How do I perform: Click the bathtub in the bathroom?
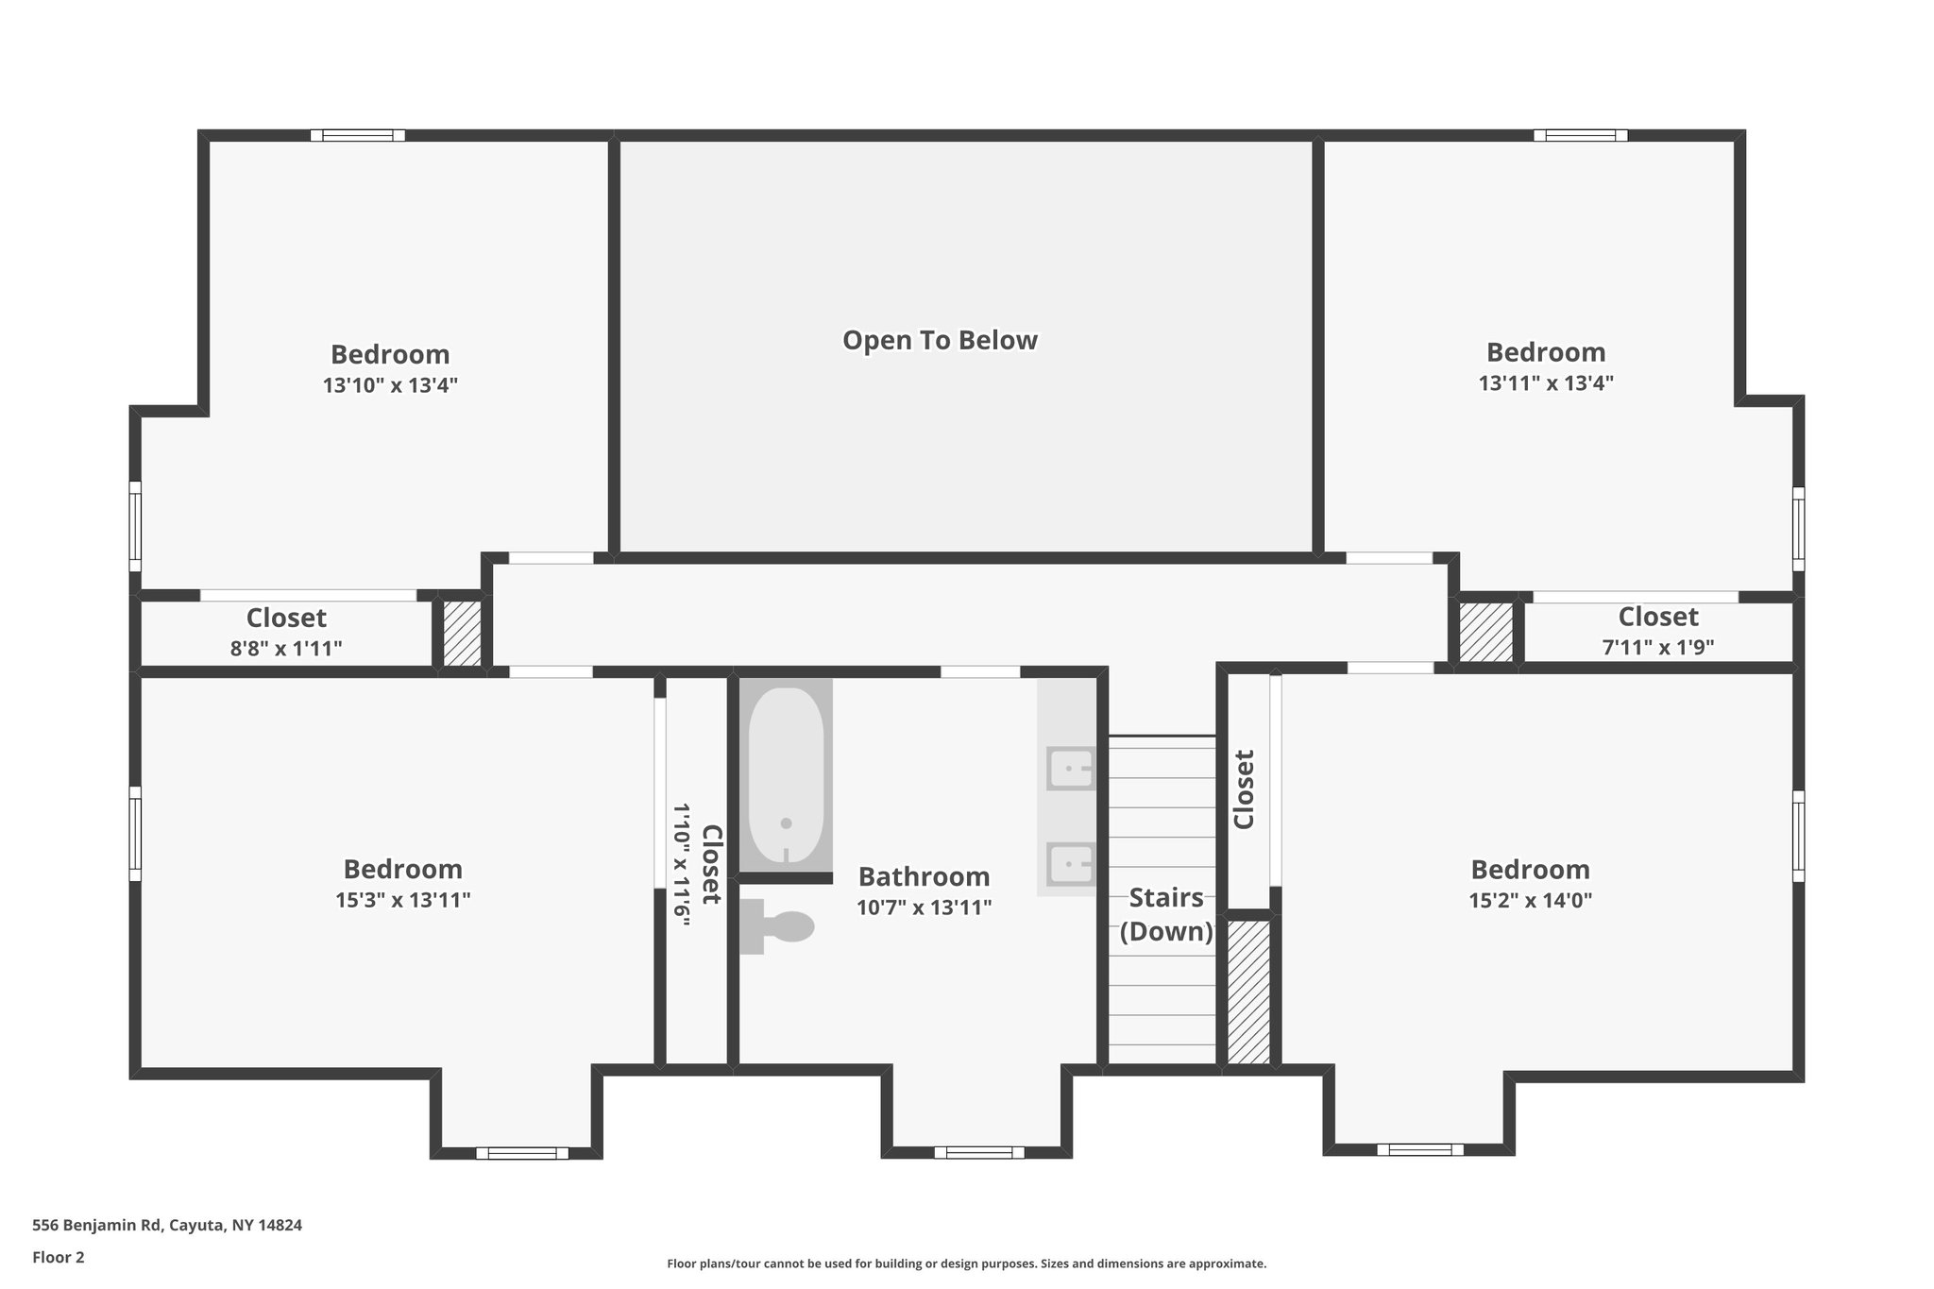(x=786, y=774)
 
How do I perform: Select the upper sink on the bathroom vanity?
(x=1071, y=769)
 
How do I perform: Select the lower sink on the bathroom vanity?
(x=1071, y=863)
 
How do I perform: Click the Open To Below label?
(x=940, y=340)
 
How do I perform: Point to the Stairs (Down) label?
(x=1166, y=914)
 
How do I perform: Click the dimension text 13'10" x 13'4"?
(x=390, y=385)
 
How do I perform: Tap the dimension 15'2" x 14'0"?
(x=1530, y=900)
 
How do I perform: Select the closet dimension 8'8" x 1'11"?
(x=286, y=649)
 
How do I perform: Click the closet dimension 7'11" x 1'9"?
(x=1657, y=648)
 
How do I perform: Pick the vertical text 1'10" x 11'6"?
(x=681, y=864)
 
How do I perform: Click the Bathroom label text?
(x=924, y=876)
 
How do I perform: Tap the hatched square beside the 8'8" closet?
(x=463, y=632)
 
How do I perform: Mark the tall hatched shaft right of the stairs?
(x=1248, y=992)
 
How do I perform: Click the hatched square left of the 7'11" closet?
(x=1485, y=631)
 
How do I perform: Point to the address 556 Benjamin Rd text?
(x=167, y=1226)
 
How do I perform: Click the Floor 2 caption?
(x=59, y=1257)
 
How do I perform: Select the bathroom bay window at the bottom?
(x=978, y=1152)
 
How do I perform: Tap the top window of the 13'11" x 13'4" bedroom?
(x=1580, y=135)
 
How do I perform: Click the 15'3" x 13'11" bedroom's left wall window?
(x=135, y=833)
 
